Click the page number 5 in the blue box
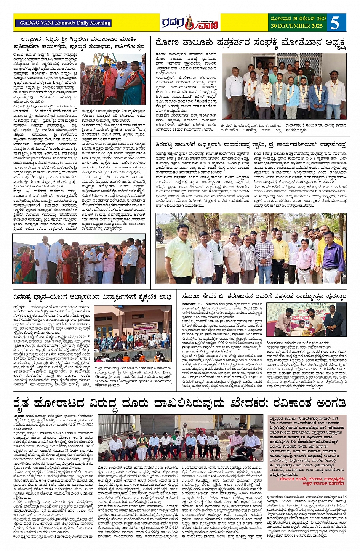pyautogui.click(x=334, y=23)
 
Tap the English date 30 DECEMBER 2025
pyautogui.click(x=297, y=26)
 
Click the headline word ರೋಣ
pyautogui.click(x=166, y=42)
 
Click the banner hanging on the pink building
pyautogui.click(x=145, y=327)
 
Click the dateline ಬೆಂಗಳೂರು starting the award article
pyautogui.click(x=189, y=304)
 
